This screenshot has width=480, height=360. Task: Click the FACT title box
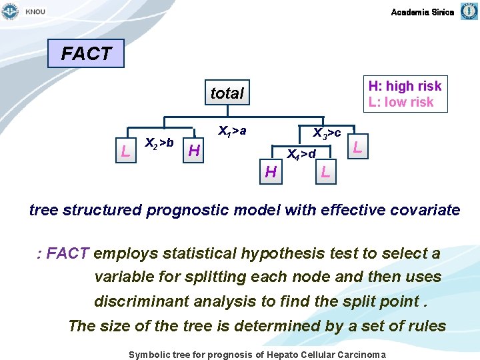(86, 53)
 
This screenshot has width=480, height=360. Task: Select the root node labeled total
(227, 93)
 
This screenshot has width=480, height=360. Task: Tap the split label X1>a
(232, 131)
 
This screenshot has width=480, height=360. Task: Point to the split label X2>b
(159, 142)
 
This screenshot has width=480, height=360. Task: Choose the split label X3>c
(327, 132)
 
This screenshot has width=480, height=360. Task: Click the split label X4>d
(301, 155)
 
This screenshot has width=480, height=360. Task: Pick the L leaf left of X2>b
(125, 151)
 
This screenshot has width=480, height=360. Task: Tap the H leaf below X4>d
(271, 172)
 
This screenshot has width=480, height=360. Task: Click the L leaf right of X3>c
(358, 147)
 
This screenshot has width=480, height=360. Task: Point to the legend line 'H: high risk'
(405, 86)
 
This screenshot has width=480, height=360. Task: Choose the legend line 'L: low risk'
(401, 102)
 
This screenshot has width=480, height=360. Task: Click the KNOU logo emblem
(10, 11)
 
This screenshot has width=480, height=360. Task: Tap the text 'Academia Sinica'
(422, 12)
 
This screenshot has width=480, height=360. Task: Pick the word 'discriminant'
(141, 301)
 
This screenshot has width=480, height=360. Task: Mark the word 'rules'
(427, 326)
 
